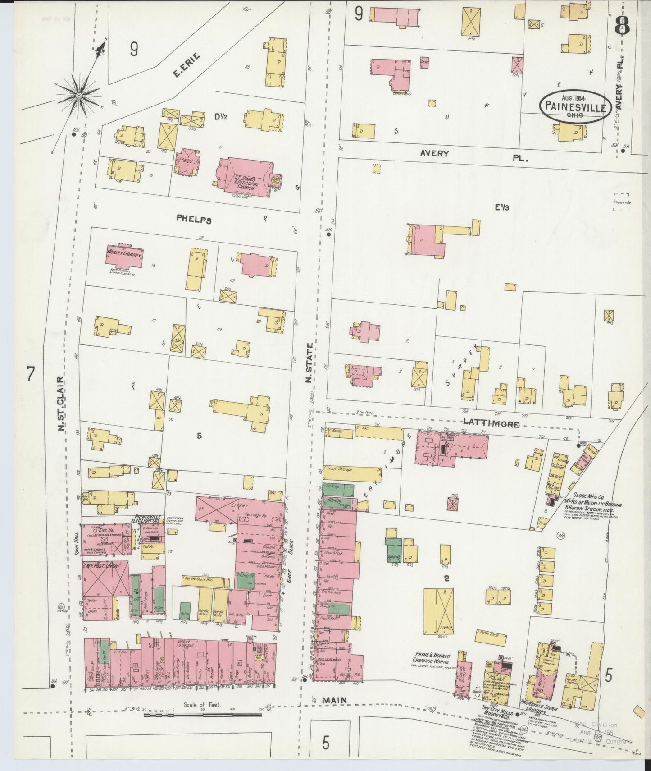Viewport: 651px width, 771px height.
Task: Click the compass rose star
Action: [79, 95]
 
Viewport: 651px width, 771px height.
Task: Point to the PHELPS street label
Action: [194, 220]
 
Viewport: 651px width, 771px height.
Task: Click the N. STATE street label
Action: [309, 363]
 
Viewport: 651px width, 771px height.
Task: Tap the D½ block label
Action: [220, 117]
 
